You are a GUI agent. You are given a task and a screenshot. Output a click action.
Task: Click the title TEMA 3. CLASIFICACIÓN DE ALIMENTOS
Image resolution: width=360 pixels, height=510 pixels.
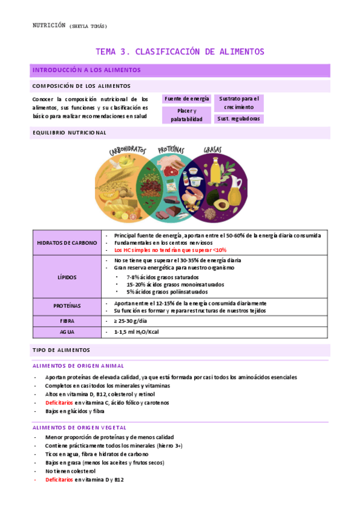pos(180,52)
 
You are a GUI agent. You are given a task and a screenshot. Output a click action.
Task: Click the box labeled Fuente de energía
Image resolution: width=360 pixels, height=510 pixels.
pos(186,99)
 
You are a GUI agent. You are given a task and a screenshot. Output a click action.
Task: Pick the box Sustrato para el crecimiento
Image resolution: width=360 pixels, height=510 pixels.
pos(239,102)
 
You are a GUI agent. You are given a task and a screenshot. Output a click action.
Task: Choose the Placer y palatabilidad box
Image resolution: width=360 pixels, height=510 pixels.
pos(186,115)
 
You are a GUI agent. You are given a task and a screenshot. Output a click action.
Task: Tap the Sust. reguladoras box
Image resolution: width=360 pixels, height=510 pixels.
pos(239,118)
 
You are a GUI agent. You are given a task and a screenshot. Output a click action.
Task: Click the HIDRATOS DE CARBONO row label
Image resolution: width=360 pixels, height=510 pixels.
pos(67,242)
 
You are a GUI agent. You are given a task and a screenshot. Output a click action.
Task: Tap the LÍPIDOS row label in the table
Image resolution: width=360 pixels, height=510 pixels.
pos(67,276)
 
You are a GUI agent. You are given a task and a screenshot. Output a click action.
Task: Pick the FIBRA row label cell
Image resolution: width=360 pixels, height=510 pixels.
pos(67,321)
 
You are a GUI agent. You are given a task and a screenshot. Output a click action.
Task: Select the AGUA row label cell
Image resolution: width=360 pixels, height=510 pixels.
pos(67,332)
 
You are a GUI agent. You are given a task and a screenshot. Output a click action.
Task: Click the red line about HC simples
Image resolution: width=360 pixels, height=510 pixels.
pos(170,250)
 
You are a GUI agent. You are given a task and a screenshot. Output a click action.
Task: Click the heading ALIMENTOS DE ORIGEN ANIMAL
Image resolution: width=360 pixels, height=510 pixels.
pos(78,366)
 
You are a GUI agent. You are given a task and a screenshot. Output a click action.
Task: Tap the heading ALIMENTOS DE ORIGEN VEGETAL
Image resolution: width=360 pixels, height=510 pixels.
pos(80,426)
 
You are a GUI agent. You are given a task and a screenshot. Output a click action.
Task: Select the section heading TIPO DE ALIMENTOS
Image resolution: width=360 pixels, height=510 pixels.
pos(61,349)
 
